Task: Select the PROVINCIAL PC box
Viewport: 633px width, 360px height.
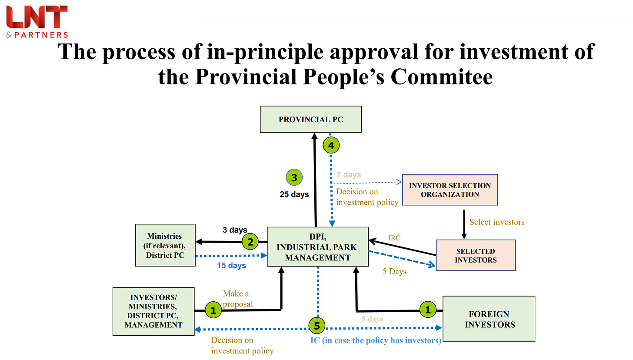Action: tap(311, 119)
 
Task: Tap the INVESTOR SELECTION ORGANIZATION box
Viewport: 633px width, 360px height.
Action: tap(450, 190)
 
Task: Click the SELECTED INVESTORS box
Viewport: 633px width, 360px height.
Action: tap(475, 255)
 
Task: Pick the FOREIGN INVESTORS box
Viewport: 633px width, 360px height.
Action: tap(489, 319)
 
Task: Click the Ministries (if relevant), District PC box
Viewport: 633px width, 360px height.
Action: tap(165, 246)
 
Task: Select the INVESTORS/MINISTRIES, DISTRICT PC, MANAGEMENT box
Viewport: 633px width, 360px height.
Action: tap(153, 311)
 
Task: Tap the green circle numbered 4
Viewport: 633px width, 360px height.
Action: tap(331, 146)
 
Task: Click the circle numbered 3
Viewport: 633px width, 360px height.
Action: tap(294, 177)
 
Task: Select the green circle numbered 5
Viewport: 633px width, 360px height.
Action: tap(317, 325)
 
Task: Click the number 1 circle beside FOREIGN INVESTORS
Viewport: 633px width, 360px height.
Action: tap(428, 310)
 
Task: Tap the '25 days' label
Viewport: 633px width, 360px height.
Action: tap(294, 194)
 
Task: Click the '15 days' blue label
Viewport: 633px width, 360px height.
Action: tap(232, 265)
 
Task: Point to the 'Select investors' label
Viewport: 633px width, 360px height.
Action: tap(497, 222)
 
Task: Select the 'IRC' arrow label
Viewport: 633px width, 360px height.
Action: tap(395, 238)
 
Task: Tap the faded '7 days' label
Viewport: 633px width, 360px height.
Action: tap(349, 175)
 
